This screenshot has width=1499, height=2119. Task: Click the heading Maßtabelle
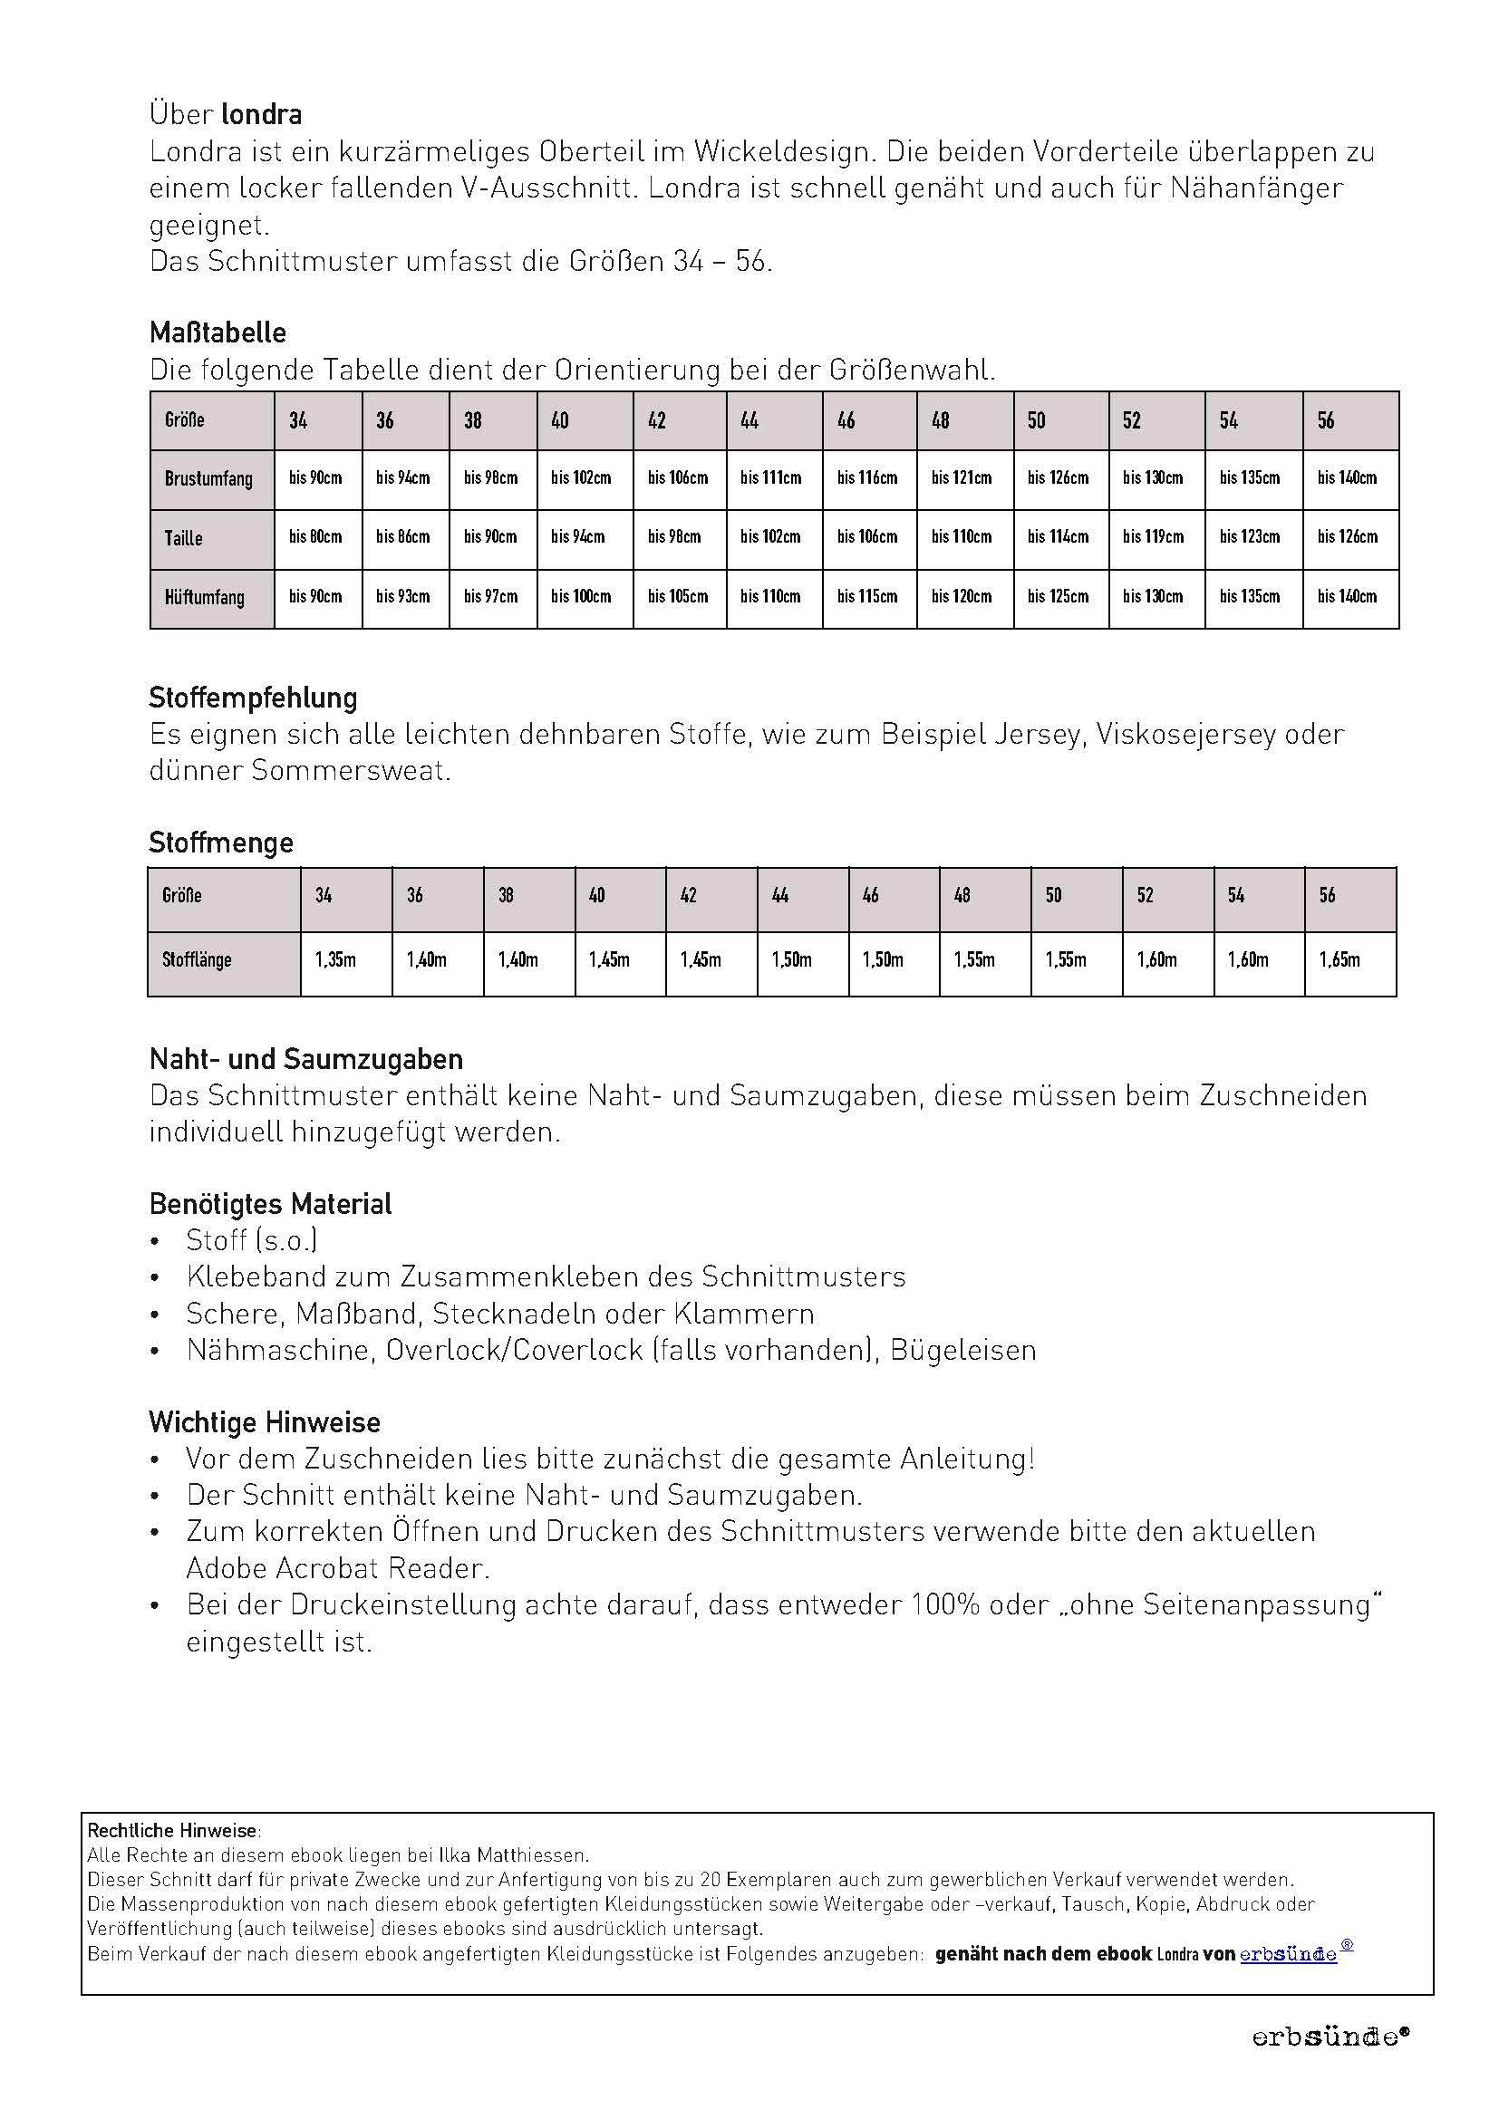coord(218,333)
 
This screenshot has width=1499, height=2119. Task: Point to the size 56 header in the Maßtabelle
coord(1327,421)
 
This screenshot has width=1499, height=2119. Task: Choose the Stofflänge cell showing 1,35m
coord(335,959)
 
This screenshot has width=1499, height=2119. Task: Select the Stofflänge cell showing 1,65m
coord(1339,959)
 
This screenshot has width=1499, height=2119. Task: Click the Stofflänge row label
coord(197,959)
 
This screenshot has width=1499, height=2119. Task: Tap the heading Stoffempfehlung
coord(253,698)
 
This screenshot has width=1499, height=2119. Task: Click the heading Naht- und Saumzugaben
coord(306,1060)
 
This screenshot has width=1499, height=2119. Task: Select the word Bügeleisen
coord(962,1350)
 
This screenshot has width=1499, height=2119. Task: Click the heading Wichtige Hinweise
coord(265,1422)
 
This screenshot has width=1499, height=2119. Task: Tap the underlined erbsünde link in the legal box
coord(1288,1954)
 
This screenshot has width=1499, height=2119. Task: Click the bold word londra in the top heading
coord(262,114)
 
